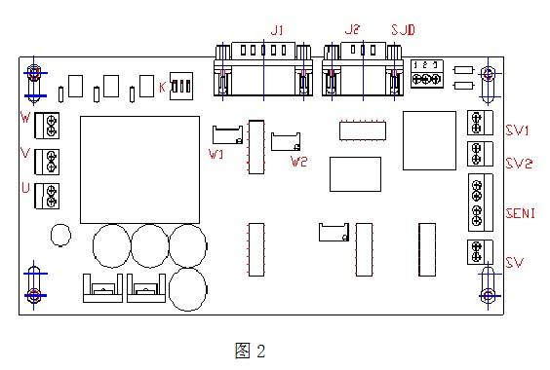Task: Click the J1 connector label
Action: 277,31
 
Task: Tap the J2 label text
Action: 351,31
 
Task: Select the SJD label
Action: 403,31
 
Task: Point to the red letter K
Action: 161,88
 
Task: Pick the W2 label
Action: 299,161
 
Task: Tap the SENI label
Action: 519,213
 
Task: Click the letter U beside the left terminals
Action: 24,187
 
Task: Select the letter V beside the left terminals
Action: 24,153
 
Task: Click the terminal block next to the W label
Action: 47,124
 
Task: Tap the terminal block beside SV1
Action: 477,122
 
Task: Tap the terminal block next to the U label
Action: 47,195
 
